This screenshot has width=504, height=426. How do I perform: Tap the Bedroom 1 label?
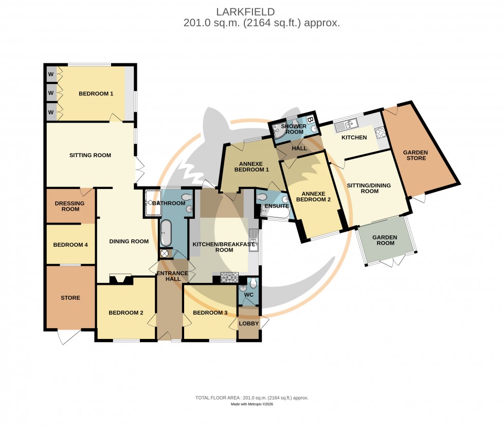pyautogui.click(x=96, y=94)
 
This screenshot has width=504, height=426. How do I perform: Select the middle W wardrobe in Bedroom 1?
pyautogui.click(x=51, y=93)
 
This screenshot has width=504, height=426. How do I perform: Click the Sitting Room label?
pyautogui.click(x=90, y=155)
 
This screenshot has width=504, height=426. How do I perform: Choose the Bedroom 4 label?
pyautogui.click(x=70, y=245)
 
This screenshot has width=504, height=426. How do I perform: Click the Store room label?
pyautogui.click(x=70, y=298)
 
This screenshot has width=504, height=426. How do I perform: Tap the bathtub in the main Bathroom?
pyautogui.click(x=166, y=233)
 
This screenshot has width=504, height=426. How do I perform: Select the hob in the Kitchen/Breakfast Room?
pyautogui.click(x=227, y=278)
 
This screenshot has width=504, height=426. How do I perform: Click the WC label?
pyautogui.click(x=249, y=295)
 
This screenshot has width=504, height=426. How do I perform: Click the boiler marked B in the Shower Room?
pyautogui.click(x=310, y=121)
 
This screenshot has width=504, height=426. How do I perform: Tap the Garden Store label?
pyautogui.click(x=415, y=155)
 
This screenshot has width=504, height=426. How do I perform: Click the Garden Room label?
pyautogui.click(x=385, y=241)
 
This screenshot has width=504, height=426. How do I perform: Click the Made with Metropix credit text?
pyautogui.click(x=251, y=404)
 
